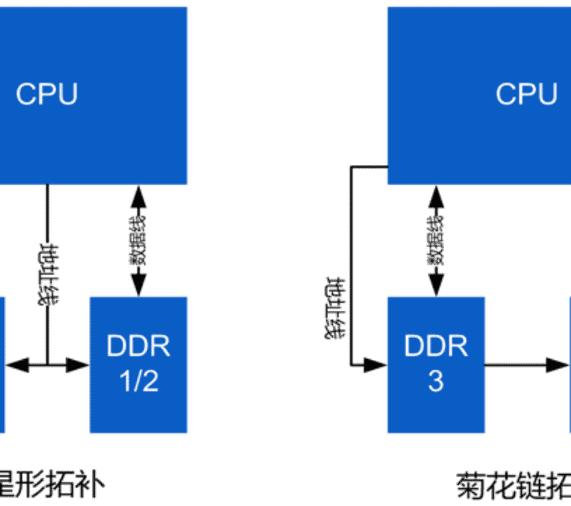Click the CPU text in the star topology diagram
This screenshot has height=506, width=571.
click(47, 94)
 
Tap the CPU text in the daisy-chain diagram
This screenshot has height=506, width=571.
click(526, 94)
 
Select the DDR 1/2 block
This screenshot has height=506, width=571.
click(138, 364)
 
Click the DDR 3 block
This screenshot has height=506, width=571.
click(436, 364)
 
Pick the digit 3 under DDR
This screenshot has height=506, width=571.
click(436, 382)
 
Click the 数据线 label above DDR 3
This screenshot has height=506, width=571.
click(436, 241)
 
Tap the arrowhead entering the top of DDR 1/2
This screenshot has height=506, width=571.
click(139, 286)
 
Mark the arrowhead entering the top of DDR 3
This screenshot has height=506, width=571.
click(436, 286)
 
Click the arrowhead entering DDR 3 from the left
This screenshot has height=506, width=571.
click(376, 364)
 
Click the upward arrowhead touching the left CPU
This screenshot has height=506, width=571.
click(139, 196)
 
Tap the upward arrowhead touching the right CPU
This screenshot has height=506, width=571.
click(436, 196)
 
